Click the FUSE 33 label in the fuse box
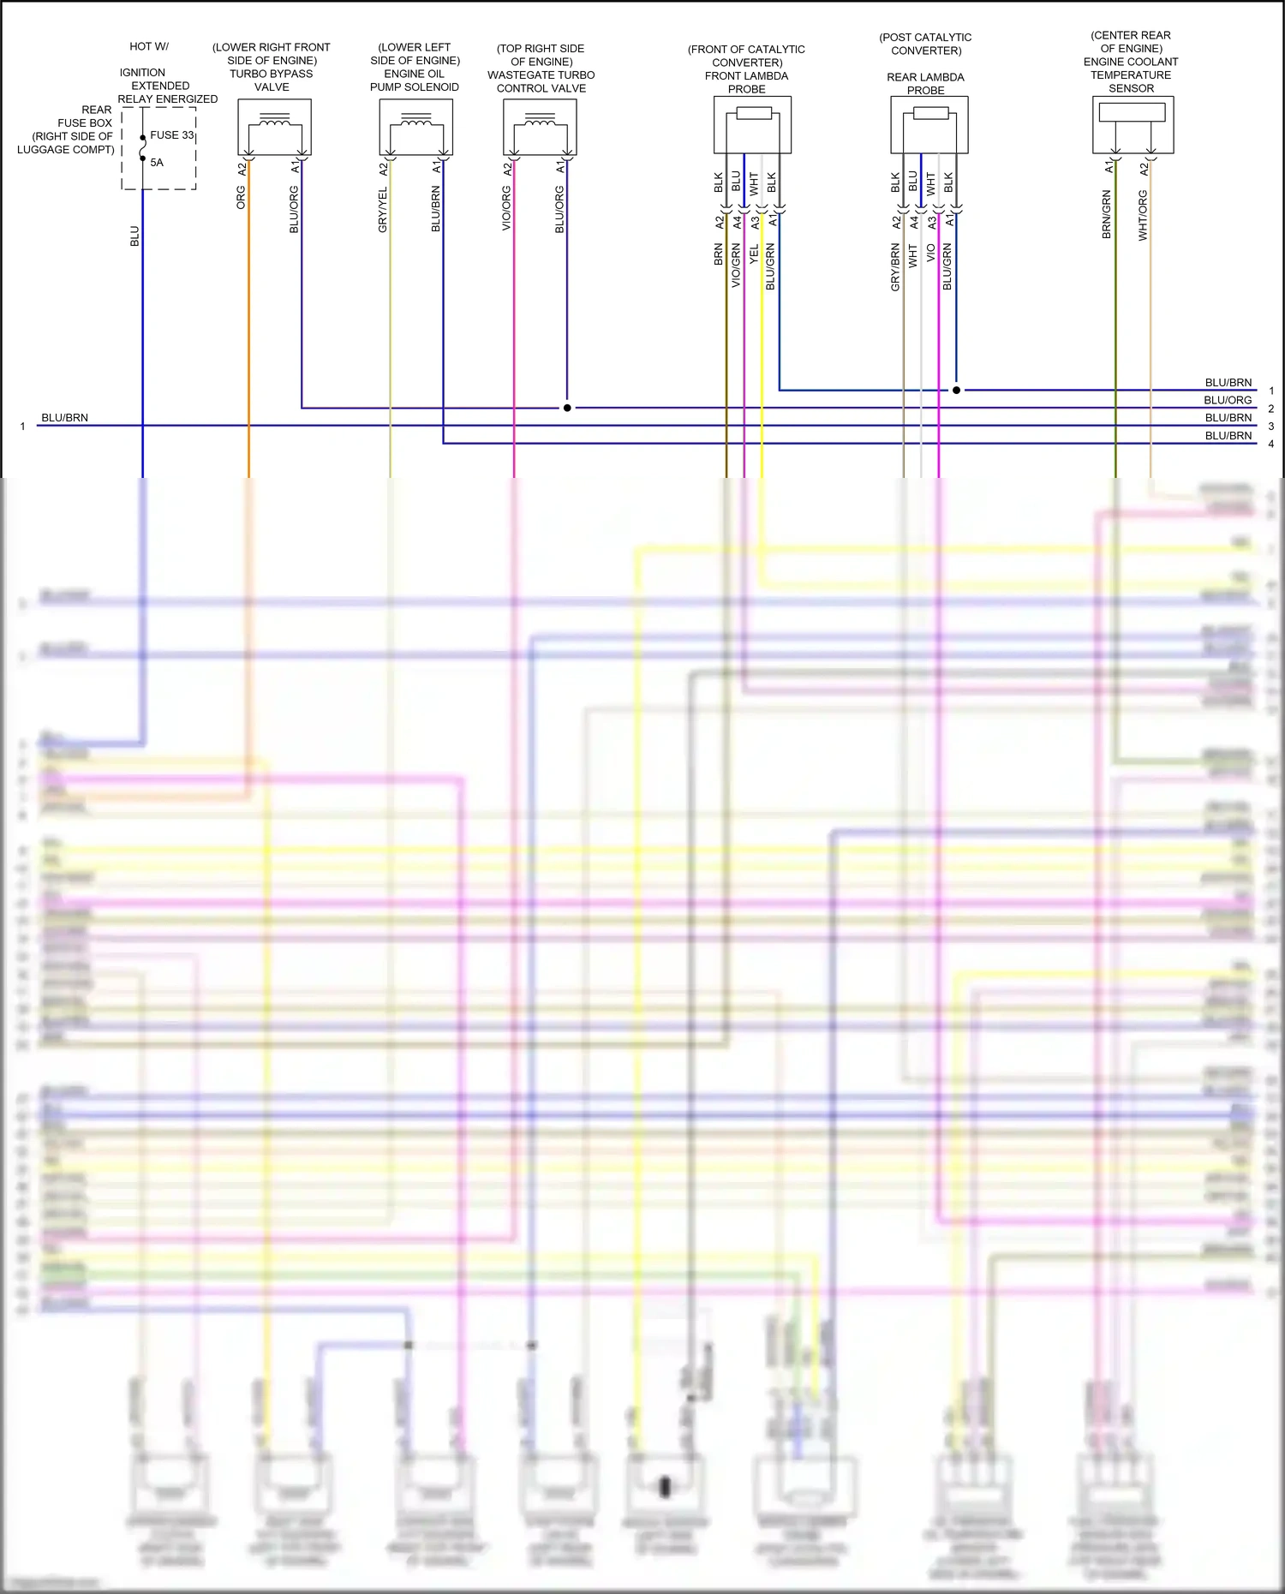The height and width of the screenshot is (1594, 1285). click(172, 135)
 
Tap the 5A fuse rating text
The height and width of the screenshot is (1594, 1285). click(157, 163)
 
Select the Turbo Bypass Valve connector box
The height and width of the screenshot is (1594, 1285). click(274, 127)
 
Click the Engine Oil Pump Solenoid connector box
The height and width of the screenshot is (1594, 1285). click(416, 127)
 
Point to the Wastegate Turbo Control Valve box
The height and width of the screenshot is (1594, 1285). click(540, 127)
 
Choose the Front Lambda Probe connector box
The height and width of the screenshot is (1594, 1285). click(752, 125)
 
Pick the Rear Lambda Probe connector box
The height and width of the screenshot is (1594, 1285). click(929, 125)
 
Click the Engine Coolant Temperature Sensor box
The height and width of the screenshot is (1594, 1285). click(1133, 125)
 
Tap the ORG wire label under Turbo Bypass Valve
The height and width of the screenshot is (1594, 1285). click(241, 198)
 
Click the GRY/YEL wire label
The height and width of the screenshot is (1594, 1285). click(383, 210)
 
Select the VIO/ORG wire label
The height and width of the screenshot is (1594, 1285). click(506, 210)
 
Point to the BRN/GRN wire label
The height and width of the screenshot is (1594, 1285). click(1107, 215)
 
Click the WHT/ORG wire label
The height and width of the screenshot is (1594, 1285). click(1143, 215)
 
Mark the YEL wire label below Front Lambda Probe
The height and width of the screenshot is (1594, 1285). click(754, 254)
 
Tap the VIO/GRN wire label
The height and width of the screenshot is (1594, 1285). click(736, 266)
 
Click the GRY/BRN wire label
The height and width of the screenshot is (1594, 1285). click(895, 267)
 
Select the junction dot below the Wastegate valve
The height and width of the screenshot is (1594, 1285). click(567, 408)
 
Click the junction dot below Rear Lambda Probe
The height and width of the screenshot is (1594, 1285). click(957, 391)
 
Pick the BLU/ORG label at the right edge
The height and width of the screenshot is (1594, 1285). click(1228, 400)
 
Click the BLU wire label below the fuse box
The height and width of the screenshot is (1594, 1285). click(134, 236)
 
